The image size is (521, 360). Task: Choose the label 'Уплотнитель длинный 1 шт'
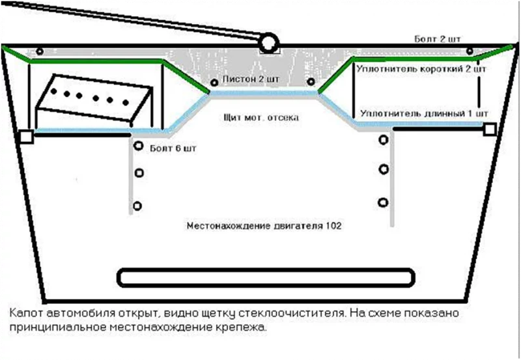(423, 113)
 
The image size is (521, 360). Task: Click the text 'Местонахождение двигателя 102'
(264, 226)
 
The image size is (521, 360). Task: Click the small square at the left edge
(26, 137)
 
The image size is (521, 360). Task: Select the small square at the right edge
(489, 130)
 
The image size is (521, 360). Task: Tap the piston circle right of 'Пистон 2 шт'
(311, 82)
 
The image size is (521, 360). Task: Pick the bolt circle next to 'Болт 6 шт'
(138, 146)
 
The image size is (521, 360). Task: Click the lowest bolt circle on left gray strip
(137, 206)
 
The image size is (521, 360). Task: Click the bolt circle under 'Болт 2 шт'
(468, 51)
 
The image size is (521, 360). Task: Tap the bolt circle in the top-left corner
(39, 51)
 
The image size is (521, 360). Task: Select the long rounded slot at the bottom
(267, 278)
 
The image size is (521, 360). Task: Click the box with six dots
(91, 101)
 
